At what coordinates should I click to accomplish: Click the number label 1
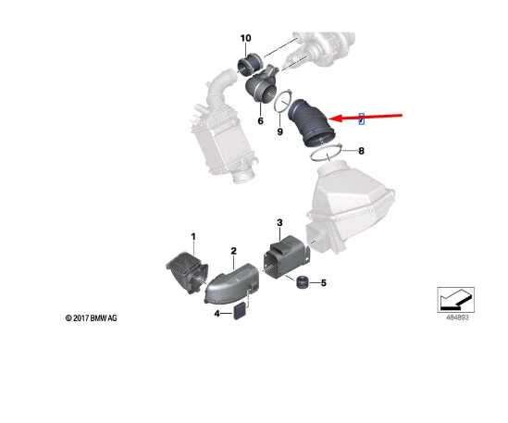coord(193,238)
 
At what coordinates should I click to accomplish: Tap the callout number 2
coord(234,251)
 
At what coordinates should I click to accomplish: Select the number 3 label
coord(279,223)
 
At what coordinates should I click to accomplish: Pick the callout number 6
coord(260,121)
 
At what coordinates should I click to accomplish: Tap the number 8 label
coord(362,150)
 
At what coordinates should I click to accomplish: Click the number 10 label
coord(245,38)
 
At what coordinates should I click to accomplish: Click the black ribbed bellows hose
coord(312,125)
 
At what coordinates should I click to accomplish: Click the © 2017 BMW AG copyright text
coord(84,318)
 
